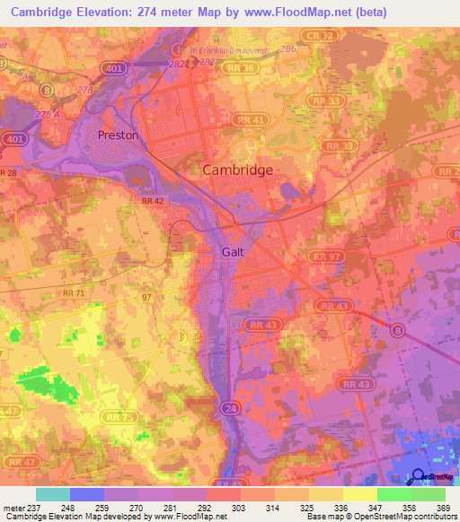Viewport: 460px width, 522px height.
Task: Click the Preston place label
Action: (118, 135)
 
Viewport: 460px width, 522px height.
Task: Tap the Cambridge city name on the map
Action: (237, 170)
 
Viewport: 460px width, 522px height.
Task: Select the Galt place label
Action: (234, 252)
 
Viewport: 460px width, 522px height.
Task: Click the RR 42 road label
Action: (151, 203)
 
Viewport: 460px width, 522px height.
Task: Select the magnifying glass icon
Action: (418, 478)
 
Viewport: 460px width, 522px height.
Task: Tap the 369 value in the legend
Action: (444, 507)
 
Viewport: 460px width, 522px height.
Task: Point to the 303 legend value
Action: (238, 507)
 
